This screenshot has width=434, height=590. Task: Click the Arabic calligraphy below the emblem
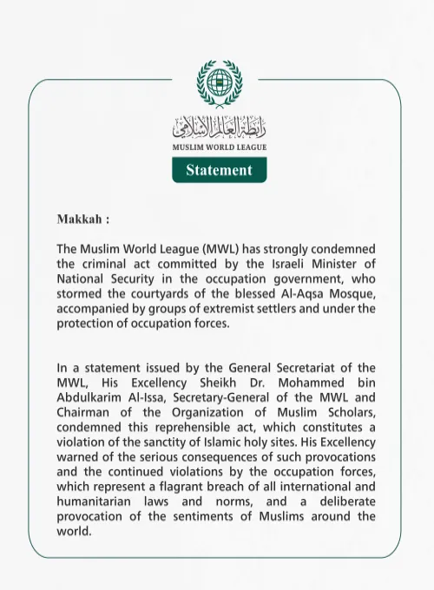pyautogui.click(x=219, y=127)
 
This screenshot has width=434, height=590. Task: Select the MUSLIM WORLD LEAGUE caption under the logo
pyautogui.click(x=219, y=147)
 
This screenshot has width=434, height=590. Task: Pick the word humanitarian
pyautogui.click(x=96, y=501)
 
